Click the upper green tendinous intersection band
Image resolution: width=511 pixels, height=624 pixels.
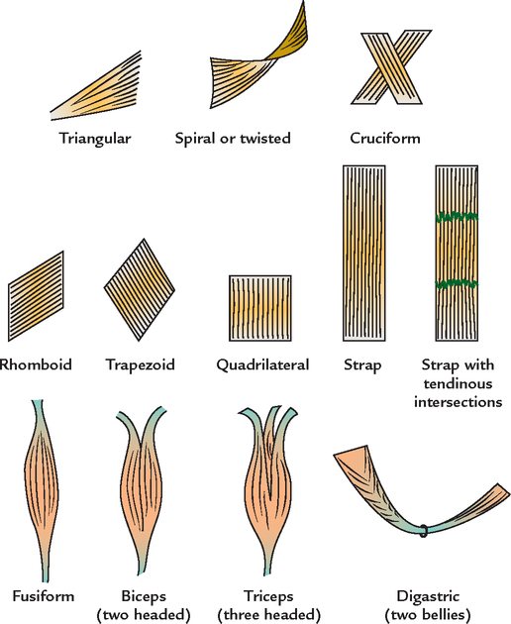458,216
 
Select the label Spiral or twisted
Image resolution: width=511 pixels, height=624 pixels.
232,139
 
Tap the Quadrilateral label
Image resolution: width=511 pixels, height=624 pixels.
262,365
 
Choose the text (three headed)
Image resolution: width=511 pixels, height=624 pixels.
269,615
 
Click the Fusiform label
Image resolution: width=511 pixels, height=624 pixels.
40,597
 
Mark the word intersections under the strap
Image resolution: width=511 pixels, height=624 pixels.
460,402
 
